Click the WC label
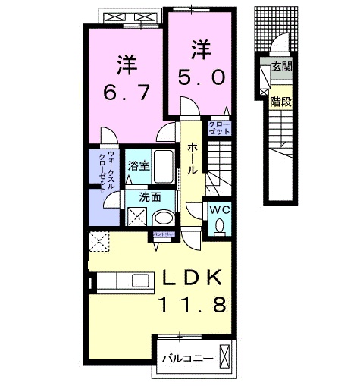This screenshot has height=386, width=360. (x=220, y=209)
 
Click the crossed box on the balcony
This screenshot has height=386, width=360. (x=225, y=355)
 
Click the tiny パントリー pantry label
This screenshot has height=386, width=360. (x=164, y=236)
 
